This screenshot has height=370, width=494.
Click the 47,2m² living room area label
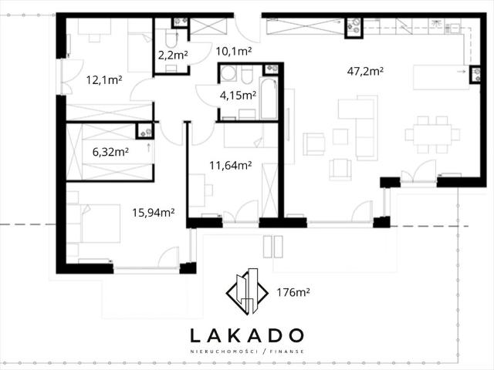[x=365, y=72]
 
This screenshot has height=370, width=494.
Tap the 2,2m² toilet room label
[x=173, y=55]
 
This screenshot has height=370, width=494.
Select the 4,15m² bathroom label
[x=238, y=95]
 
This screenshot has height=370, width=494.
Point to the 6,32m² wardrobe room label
[x=110, y=153]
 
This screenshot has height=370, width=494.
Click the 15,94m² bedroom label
[x=154, y=213]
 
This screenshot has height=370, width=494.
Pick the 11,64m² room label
[x=231, y=165]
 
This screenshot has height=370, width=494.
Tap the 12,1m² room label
[x=104, y=80]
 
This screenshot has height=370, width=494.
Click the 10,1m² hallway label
[x=233, y=52]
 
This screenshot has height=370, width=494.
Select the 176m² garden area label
[x=293, y=293]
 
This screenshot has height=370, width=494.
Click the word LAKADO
[x=247, y=336]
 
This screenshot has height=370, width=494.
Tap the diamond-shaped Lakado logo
[x=247, y=291]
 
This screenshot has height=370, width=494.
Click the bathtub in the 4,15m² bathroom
[x=269, y=99]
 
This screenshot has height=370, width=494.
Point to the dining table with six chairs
[x=432, y=134]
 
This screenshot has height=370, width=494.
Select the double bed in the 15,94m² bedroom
[x=100, y=223]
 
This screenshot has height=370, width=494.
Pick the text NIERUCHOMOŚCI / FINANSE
[x=247, y=351]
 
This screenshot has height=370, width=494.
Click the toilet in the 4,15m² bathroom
[x=247, y=76]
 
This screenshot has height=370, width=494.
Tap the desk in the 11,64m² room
[x=197, y=190]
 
